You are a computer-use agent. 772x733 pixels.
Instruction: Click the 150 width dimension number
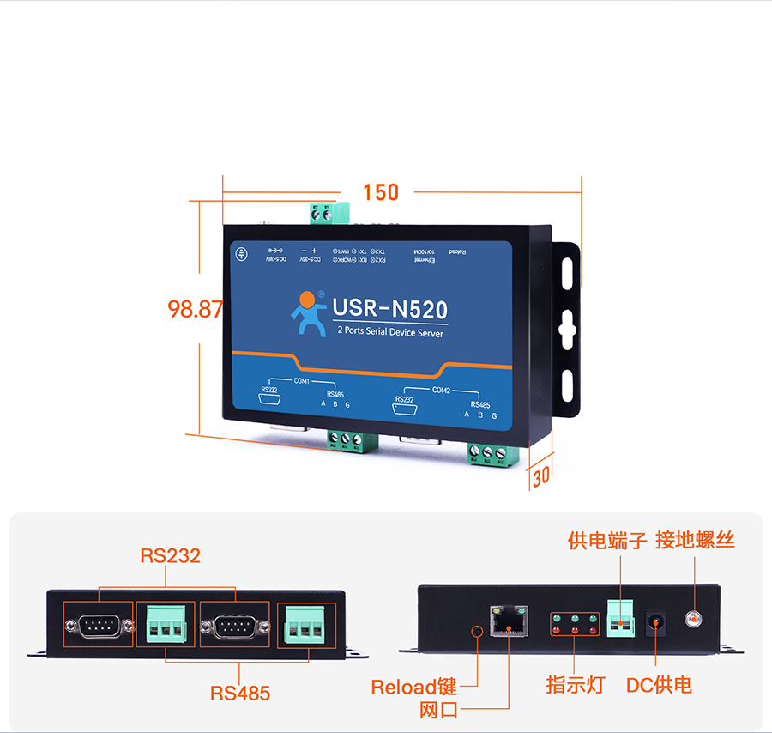[381, 192]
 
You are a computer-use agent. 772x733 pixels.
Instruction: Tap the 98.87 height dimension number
[196, 309]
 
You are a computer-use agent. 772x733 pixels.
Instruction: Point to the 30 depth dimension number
[540, 477]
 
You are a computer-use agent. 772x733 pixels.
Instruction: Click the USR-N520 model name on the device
[389, 309]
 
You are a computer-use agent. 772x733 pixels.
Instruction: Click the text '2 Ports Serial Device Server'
[390, 332]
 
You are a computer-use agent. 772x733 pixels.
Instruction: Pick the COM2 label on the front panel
[441, 391]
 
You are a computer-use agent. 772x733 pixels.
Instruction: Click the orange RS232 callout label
[170, 556]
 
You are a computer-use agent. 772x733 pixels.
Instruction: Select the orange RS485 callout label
[240, 693]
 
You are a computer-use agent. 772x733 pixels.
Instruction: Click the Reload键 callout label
[413, 687]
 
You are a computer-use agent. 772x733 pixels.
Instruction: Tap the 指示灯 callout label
[576, 685]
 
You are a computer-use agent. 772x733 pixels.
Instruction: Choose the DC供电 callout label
[658, 685]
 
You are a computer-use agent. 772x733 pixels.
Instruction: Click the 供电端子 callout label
[607, 541]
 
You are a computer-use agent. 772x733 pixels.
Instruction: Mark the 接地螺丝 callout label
[695, 541]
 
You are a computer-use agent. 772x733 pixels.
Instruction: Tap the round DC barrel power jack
[657, 622]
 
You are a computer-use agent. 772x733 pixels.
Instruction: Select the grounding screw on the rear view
[693, 618]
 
